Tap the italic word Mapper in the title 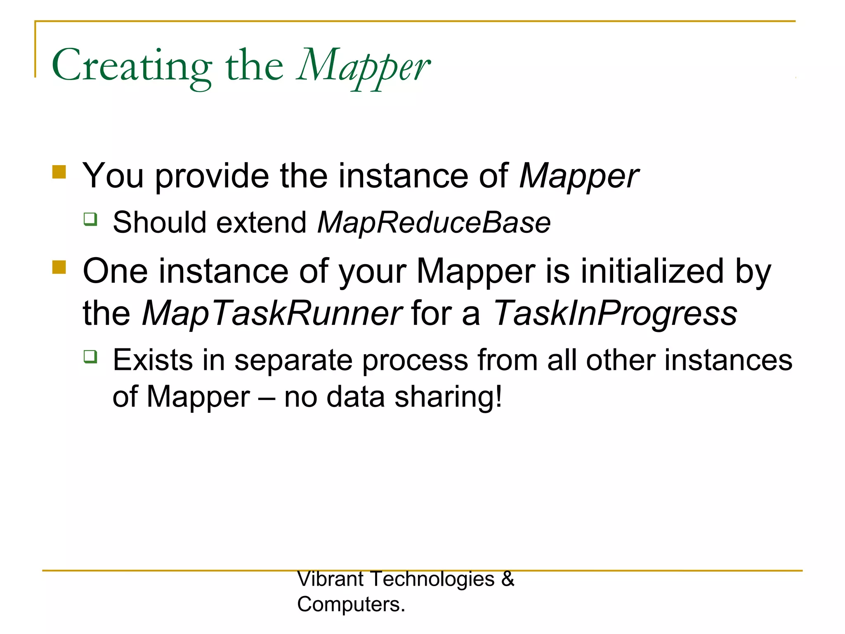coord(363,66)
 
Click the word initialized coord(652,271)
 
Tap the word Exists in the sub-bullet coord(153,360)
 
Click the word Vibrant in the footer coord(330,579)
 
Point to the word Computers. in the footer coord(351,604)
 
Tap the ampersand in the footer coord(508,579)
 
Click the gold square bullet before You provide coord(59,172)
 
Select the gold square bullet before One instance coord(59,267)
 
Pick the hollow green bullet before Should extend coord(90,219)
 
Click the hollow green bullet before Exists coord(90,356)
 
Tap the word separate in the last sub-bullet coord(293,360)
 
